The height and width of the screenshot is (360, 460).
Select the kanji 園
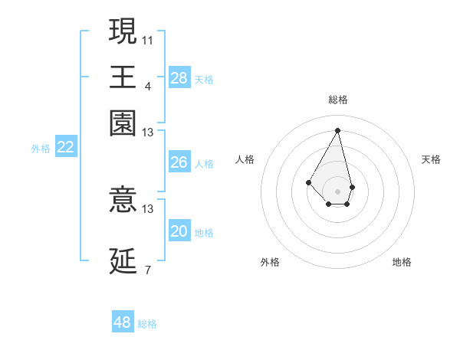point(123,123)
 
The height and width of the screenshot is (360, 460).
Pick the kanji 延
point(123,261)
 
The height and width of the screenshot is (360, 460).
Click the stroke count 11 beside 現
point(148,39)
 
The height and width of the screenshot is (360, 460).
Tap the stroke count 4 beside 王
point(148,86)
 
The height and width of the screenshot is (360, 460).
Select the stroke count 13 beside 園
point(148,133)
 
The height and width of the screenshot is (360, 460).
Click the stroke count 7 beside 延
point(148,270)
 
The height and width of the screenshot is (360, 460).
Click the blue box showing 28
point(179,77)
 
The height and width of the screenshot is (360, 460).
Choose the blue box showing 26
point(179,162)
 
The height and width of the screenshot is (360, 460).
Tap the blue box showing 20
point(179,231)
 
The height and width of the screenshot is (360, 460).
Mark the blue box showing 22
point(65,148)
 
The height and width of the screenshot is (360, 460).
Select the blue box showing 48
point(123,322)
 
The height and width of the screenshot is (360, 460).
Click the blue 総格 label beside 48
point(147,324)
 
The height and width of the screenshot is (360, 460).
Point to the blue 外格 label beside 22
point(41,149)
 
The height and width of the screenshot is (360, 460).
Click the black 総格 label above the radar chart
point(337,100)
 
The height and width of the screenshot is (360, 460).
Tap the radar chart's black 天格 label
point(431,159)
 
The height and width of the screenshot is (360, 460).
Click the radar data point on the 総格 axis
point(337,129)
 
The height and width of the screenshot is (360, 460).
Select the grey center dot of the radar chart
point(337,191)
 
